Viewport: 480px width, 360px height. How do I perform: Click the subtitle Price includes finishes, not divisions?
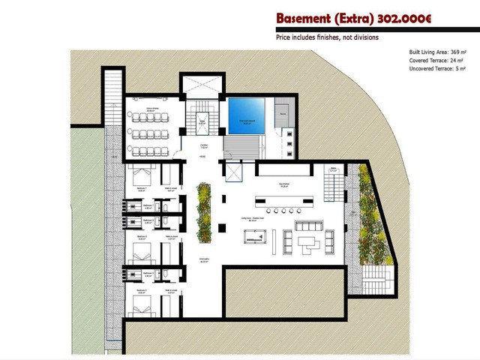pyautogui.click(x=326, y=37)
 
